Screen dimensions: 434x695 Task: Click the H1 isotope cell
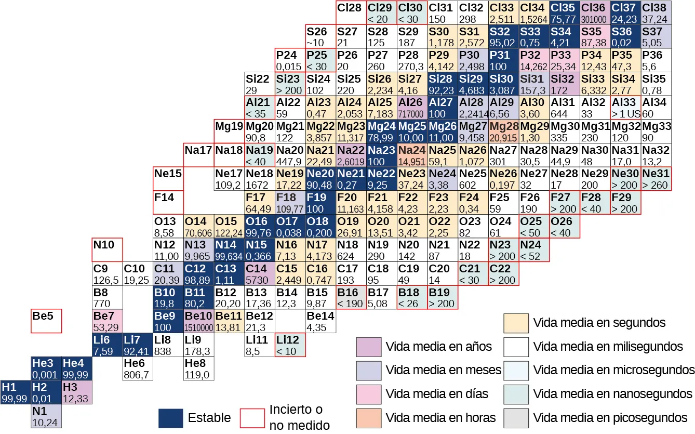coord(15,392)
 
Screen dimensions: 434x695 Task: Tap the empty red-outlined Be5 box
coord(46,321)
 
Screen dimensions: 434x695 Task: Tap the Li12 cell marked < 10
coord(290,345)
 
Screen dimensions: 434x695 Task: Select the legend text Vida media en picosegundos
coord(610,417)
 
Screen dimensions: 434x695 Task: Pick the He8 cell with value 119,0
coord(199,369)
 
